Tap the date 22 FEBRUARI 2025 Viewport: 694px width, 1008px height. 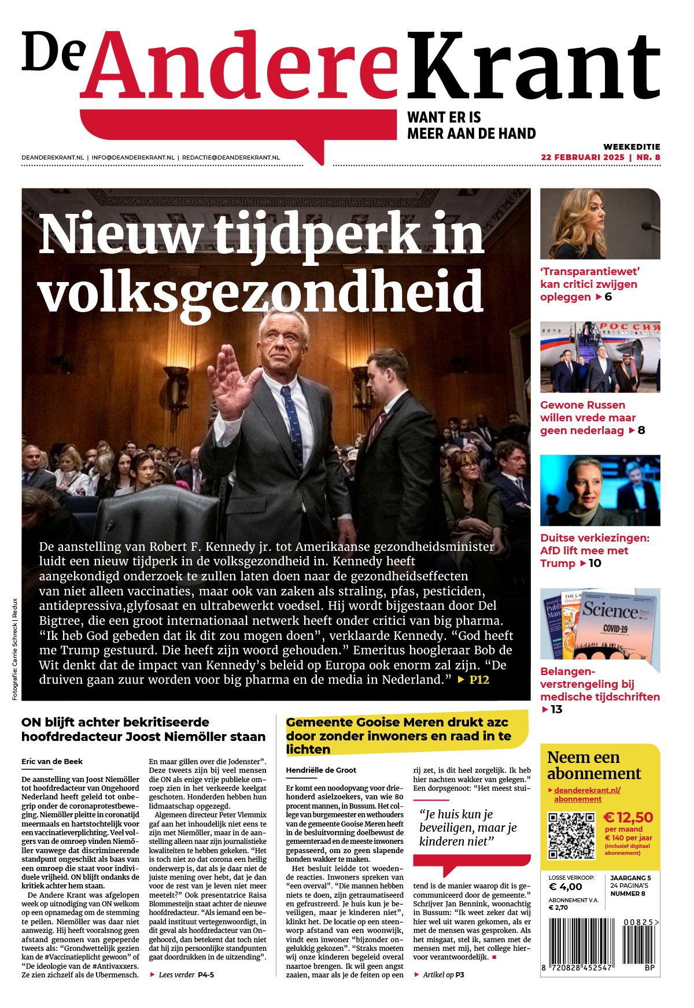(x=582, y=157)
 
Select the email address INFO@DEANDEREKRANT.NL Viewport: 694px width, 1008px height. (x=133, y=157)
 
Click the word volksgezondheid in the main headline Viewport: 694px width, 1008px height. (x=260, y=292)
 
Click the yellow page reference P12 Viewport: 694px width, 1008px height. (x=479, y=680)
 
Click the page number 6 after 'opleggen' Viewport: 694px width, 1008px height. (x=608, y=297)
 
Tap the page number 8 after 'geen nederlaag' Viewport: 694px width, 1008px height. (x=641, y=431)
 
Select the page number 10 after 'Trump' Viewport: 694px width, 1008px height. (x=595, y=564)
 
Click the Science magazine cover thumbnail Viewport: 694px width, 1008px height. (x=600, y=624)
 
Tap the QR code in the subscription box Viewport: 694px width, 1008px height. (x=571, y=835)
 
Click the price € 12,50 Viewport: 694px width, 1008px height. (x=628, y=817)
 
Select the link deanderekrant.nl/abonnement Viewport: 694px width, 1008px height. (x=584, y=795)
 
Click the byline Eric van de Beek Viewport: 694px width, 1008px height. (x=52, y=762)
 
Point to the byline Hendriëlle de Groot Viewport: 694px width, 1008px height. (x=321, y=770)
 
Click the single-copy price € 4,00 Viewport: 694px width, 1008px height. (x=565, y=887)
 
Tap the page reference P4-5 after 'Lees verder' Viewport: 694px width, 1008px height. (x=206, y=975)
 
